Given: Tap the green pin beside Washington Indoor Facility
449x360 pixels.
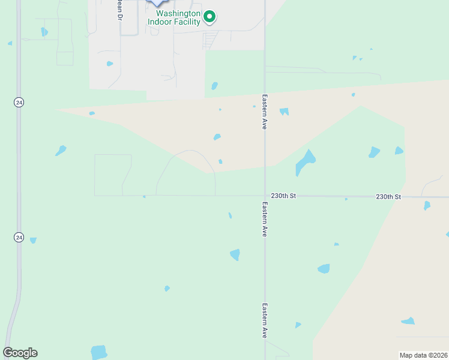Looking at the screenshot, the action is [x=209, y=16].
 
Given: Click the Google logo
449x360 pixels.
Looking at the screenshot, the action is [x=20, y=353].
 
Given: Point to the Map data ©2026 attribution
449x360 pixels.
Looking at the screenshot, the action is [x=423, y=355].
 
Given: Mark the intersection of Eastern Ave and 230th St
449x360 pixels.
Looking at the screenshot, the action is [x=265, y=196].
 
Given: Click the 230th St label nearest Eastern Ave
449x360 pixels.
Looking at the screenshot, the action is [x=283, y=196].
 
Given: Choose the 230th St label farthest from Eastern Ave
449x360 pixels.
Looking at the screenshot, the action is [x=388, y=197].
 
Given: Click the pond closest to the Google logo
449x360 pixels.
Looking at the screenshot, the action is [x=98, y=352].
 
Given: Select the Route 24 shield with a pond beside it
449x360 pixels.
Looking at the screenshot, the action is [x=19, y=238].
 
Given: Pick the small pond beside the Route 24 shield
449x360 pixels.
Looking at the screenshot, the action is [x=33, y=240].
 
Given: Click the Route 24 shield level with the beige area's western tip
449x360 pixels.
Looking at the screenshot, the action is [x=19, y=103].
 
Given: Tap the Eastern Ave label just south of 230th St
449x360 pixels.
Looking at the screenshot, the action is [x=264, y=219].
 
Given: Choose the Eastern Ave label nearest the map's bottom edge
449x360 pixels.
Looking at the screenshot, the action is [x=264, y=320].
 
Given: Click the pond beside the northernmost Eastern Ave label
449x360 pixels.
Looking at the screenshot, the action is [x=284, y=111].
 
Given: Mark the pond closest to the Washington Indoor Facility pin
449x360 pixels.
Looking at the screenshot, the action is [x=214, y=86].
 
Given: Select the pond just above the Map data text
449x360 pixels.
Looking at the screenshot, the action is [x=408, y=321].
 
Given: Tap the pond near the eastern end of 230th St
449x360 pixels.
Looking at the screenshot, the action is [x=427, y=205].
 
